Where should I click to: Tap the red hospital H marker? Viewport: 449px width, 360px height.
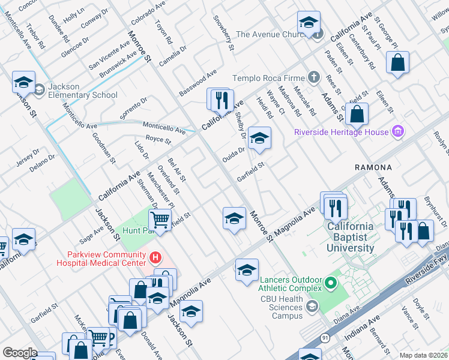pos(155,258)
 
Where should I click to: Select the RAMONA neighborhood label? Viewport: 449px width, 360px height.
pos(373,167)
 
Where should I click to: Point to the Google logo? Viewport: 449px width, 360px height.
pos(19,353)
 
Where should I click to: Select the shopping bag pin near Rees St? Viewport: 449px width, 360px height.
pos(357,113)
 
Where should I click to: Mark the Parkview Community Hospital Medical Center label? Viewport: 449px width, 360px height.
pos(101,258)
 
